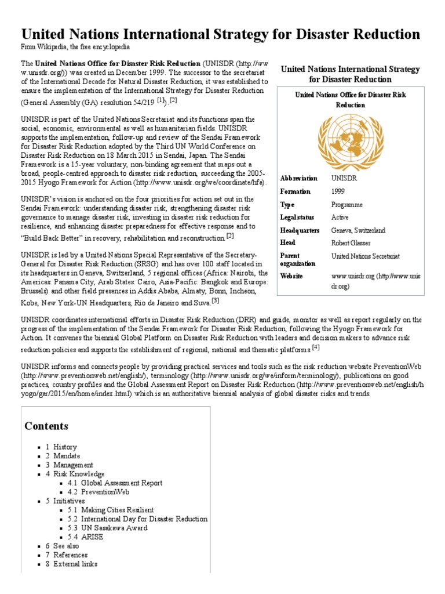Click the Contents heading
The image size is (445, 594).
point(46,426)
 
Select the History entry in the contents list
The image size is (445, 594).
point(65,447)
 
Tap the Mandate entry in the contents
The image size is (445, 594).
point(67,456)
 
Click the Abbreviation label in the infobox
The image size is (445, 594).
point(298,178)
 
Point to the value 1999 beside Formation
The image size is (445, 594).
point(338,191)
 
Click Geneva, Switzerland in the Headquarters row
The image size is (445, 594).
point(358,230)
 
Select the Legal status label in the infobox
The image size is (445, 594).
point(297,217)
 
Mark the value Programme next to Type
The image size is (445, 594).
point(347,205)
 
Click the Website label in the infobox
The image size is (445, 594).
point(292,276)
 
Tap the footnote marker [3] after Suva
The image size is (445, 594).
point(215,300)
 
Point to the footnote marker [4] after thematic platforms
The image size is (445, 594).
point(316,347)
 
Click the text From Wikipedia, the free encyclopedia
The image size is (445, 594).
point(75,46)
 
